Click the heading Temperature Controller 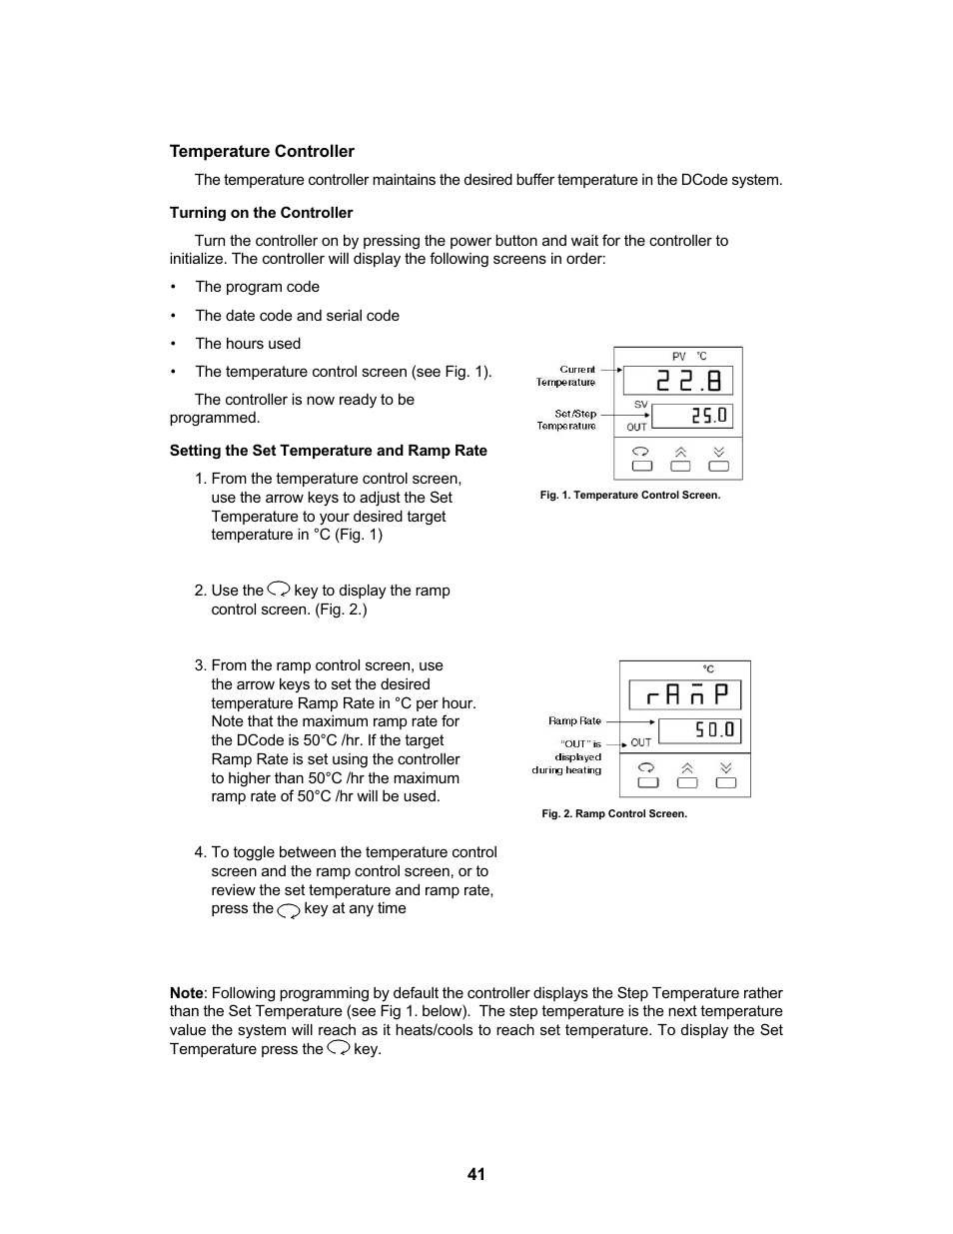262,152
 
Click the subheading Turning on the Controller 261,213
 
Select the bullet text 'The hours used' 248,344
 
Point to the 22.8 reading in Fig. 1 679,381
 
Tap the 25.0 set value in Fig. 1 697,415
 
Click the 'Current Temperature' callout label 566,376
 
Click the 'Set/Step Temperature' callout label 566,420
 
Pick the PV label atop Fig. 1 679,357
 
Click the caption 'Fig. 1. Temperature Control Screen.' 629,496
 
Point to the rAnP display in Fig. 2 684,694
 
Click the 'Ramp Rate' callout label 574,721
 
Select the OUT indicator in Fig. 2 641,742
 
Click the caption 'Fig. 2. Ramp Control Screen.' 614,814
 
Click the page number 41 476,1174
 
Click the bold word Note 186,993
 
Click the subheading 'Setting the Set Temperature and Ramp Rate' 329,451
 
